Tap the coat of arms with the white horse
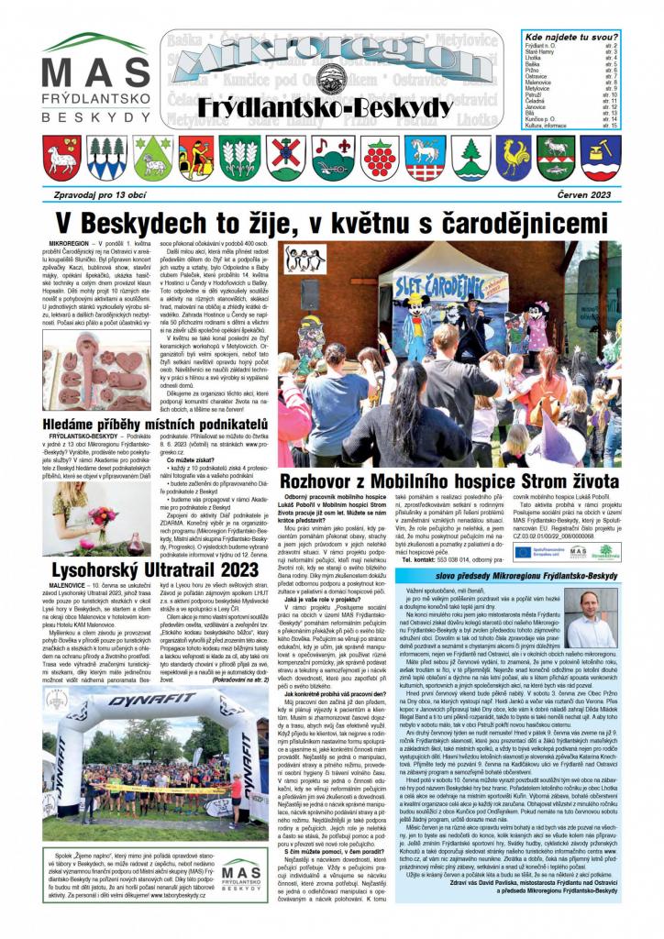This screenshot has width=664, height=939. (424, 157)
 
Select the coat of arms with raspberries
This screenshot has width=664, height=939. (380, 158)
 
